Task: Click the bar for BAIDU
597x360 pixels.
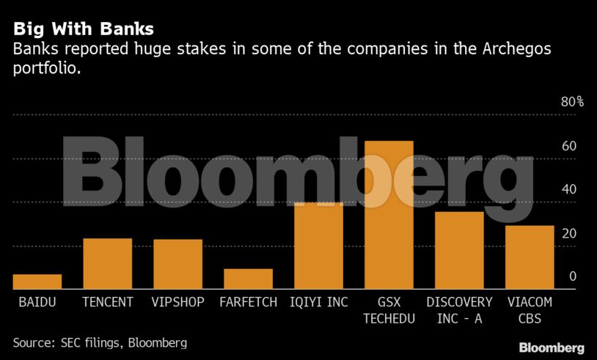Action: pos(37,282)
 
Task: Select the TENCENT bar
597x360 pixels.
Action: pos(108,264)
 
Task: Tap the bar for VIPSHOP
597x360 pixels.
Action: pos(178,264)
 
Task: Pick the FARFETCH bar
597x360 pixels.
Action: pos(248,279)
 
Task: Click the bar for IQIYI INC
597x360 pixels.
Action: pos(318,246)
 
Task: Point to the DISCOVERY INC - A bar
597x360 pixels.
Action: pos(459,250)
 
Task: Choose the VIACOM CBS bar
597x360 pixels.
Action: pos(530,257)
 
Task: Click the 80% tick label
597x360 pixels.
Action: pos(572,102)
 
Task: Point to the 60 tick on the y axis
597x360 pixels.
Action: pos(569,146)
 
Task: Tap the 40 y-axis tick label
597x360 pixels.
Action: pos(569,190)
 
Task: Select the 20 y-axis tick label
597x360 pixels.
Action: pos(569,234)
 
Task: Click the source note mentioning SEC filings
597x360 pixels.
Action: pos(100,342)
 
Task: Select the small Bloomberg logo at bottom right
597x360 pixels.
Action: pos(552,348)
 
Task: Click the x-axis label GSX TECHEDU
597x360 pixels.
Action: pos(389,309)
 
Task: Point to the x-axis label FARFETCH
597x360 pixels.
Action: pos(249,302)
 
